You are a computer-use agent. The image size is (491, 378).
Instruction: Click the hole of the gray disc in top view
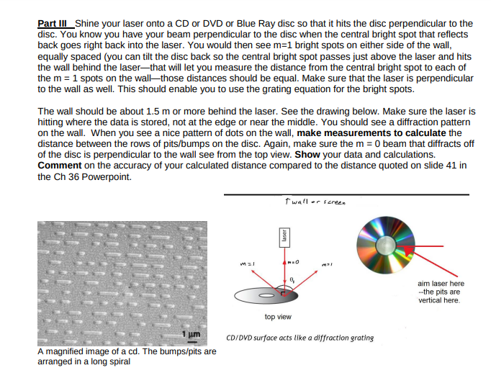(267, 296)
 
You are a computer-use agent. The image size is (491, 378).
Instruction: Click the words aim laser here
(441, 283)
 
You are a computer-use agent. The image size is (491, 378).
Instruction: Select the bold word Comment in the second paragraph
(60, 165)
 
